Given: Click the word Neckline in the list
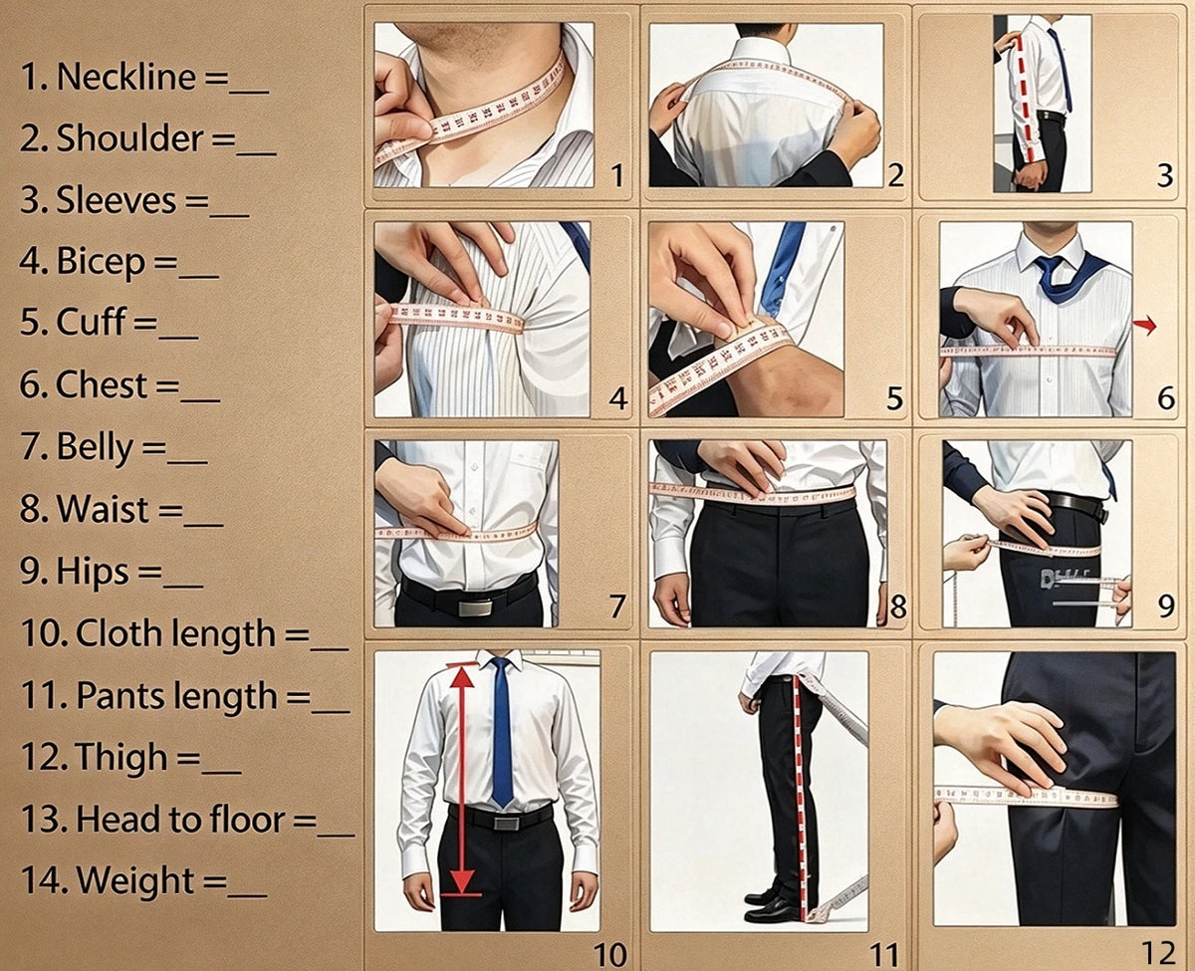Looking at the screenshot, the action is pos(126,77).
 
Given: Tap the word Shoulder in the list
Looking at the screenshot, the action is pos(129,138).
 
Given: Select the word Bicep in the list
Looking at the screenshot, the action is pos(101,262).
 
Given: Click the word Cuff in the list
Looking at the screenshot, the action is pos(91,322).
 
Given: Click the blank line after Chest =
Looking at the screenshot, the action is pos(200,399).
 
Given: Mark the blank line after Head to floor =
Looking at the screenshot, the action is pos(336,835).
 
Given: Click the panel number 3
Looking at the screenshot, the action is pos(1165,176).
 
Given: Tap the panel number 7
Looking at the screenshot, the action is pos(617,606).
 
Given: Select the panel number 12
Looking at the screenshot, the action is pos(1158,953).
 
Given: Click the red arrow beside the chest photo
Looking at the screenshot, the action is pos(1145,325).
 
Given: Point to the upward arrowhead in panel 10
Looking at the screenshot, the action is pos(462,676).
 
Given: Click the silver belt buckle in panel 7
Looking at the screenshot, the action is pos(475,607).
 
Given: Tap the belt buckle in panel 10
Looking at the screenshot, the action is pos(507,823).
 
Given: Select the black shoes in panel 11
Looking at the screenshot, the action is pos(771,902).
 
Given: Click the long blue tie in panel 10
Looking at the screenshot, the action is pos(502,732).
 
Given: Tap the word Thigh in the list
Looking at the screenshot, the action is pos(121,758).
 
